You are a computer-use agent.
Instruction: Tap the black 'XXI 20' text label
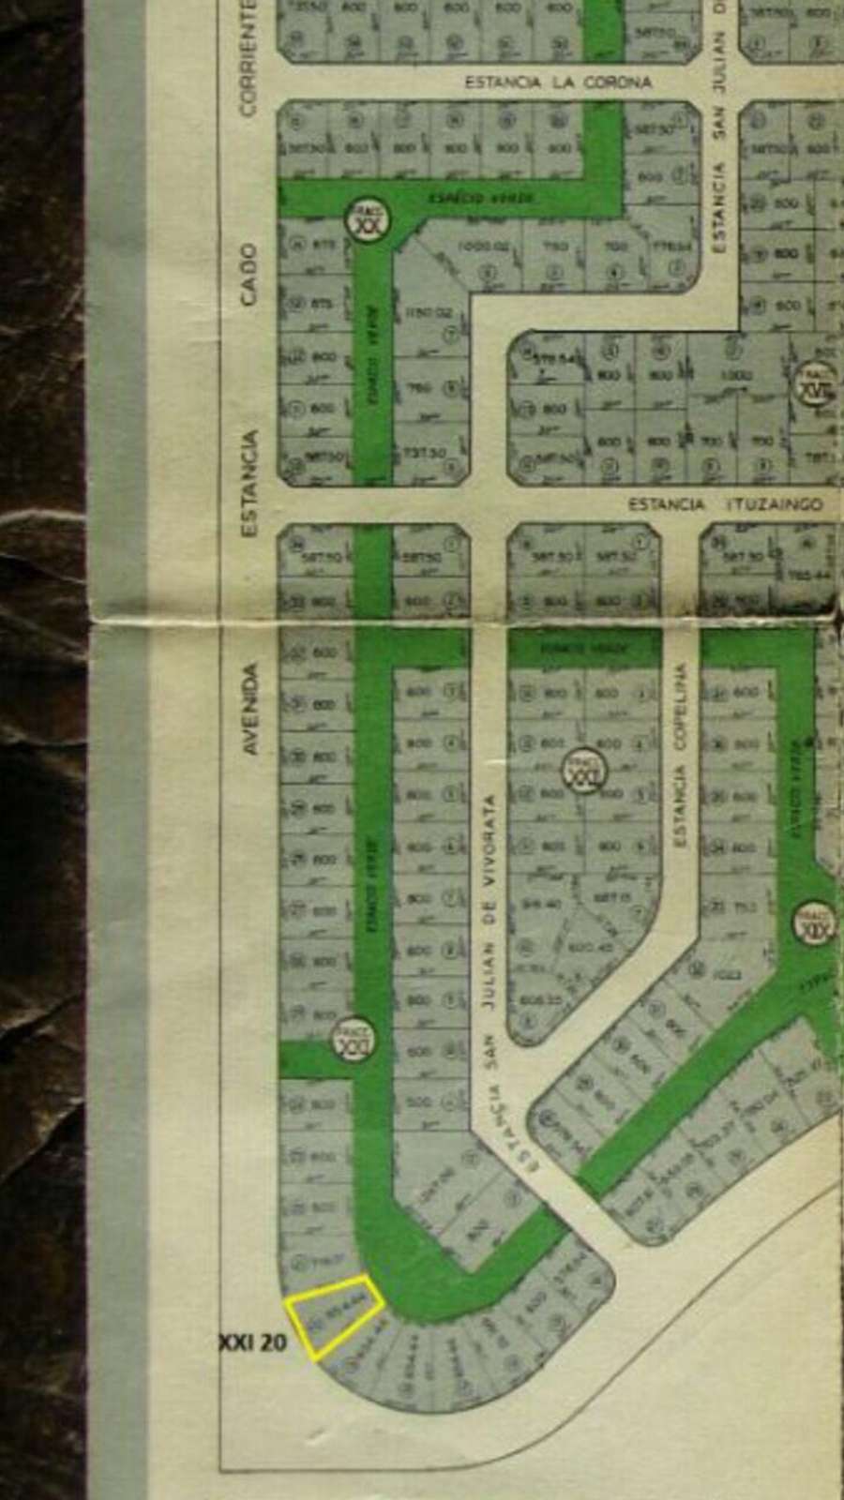coord(253,1342)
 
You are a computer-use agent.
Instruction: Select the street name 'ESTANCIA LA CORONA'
coord(558,82)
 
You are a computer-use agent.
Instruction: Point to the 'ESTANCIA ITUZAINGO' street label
coord(725,504)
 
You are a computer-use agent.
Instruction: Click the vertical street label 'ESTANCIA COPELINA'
coord(680,755)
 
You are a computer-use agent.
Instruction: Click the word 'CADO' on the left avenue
coord(249,274)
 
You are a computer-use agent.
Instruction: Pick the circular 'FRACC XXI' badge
coord(354,1040)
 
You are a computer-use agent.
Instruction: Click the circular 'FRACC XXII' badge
coord(584,771)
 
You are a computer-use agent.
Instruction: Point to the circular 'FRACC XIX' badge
coord(812,922)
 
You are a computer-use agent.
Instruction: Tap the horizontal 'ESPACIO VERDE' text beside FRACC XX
coord(482,198)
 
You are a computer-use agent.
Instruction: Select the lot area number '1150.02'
coord(430,312)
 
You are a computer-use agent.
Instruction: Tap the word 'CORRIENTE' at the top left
coord(249,56)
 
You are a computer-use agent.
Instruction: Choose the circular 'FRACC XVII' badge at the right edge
coord(816,384)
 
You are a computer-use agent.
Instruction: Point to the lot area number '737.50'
coord(426,453)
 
